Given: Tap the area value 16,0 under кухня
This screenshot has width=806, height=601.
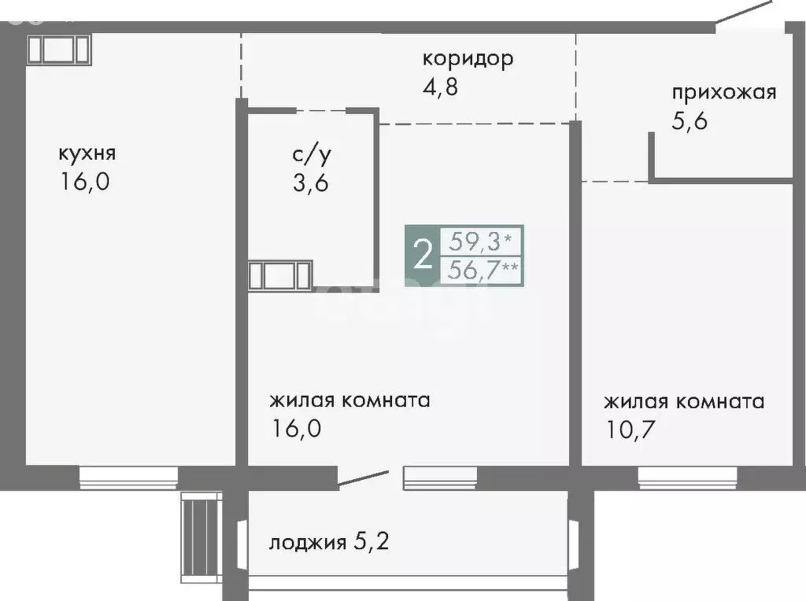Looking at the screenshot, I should [x=83, y=182].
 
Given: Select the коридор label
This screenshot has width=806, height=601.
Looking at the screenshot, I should [x=468, y=58].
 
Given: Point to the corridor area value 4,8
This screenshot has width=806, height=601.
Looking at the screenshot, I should [x=440, y=85].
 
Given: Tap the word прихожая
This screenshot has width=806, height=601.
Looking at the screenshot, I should [x=723, y=93].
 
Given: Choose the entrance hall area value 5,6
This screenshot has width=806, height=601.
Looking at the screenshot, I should [x=690, y=121].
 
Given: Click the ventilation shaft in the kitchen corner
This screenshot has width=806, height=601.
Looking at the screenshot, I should [x=60, y=49].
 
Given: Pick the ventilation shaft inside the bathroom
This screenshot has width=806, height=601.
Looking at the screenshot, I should [x=280, y=276].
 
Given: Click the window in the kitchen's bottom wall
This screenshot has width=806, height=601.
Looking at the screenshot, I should [x=128, y=477].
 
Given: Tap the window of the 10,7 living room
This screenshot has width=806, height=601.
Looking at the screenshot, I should [x=687, y=477].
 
